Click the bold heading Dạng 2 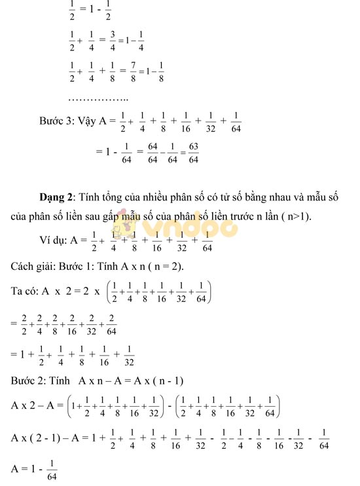(57, 196)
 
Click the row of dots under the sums (98, 98)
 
